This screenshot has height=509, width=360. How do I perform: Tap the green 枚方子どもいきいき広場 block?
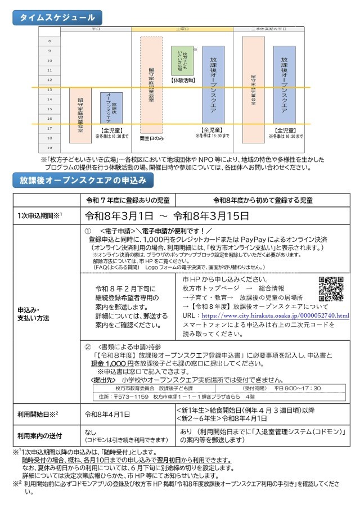(182, 60)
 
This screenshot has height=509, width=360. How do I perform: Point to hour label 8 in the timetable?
(49, 41)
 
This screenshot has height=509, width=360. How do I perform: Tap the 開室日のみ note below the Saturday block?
(151, 138)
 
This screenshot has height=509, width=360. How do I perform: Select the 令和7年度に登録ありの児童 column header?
(128, 200)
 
